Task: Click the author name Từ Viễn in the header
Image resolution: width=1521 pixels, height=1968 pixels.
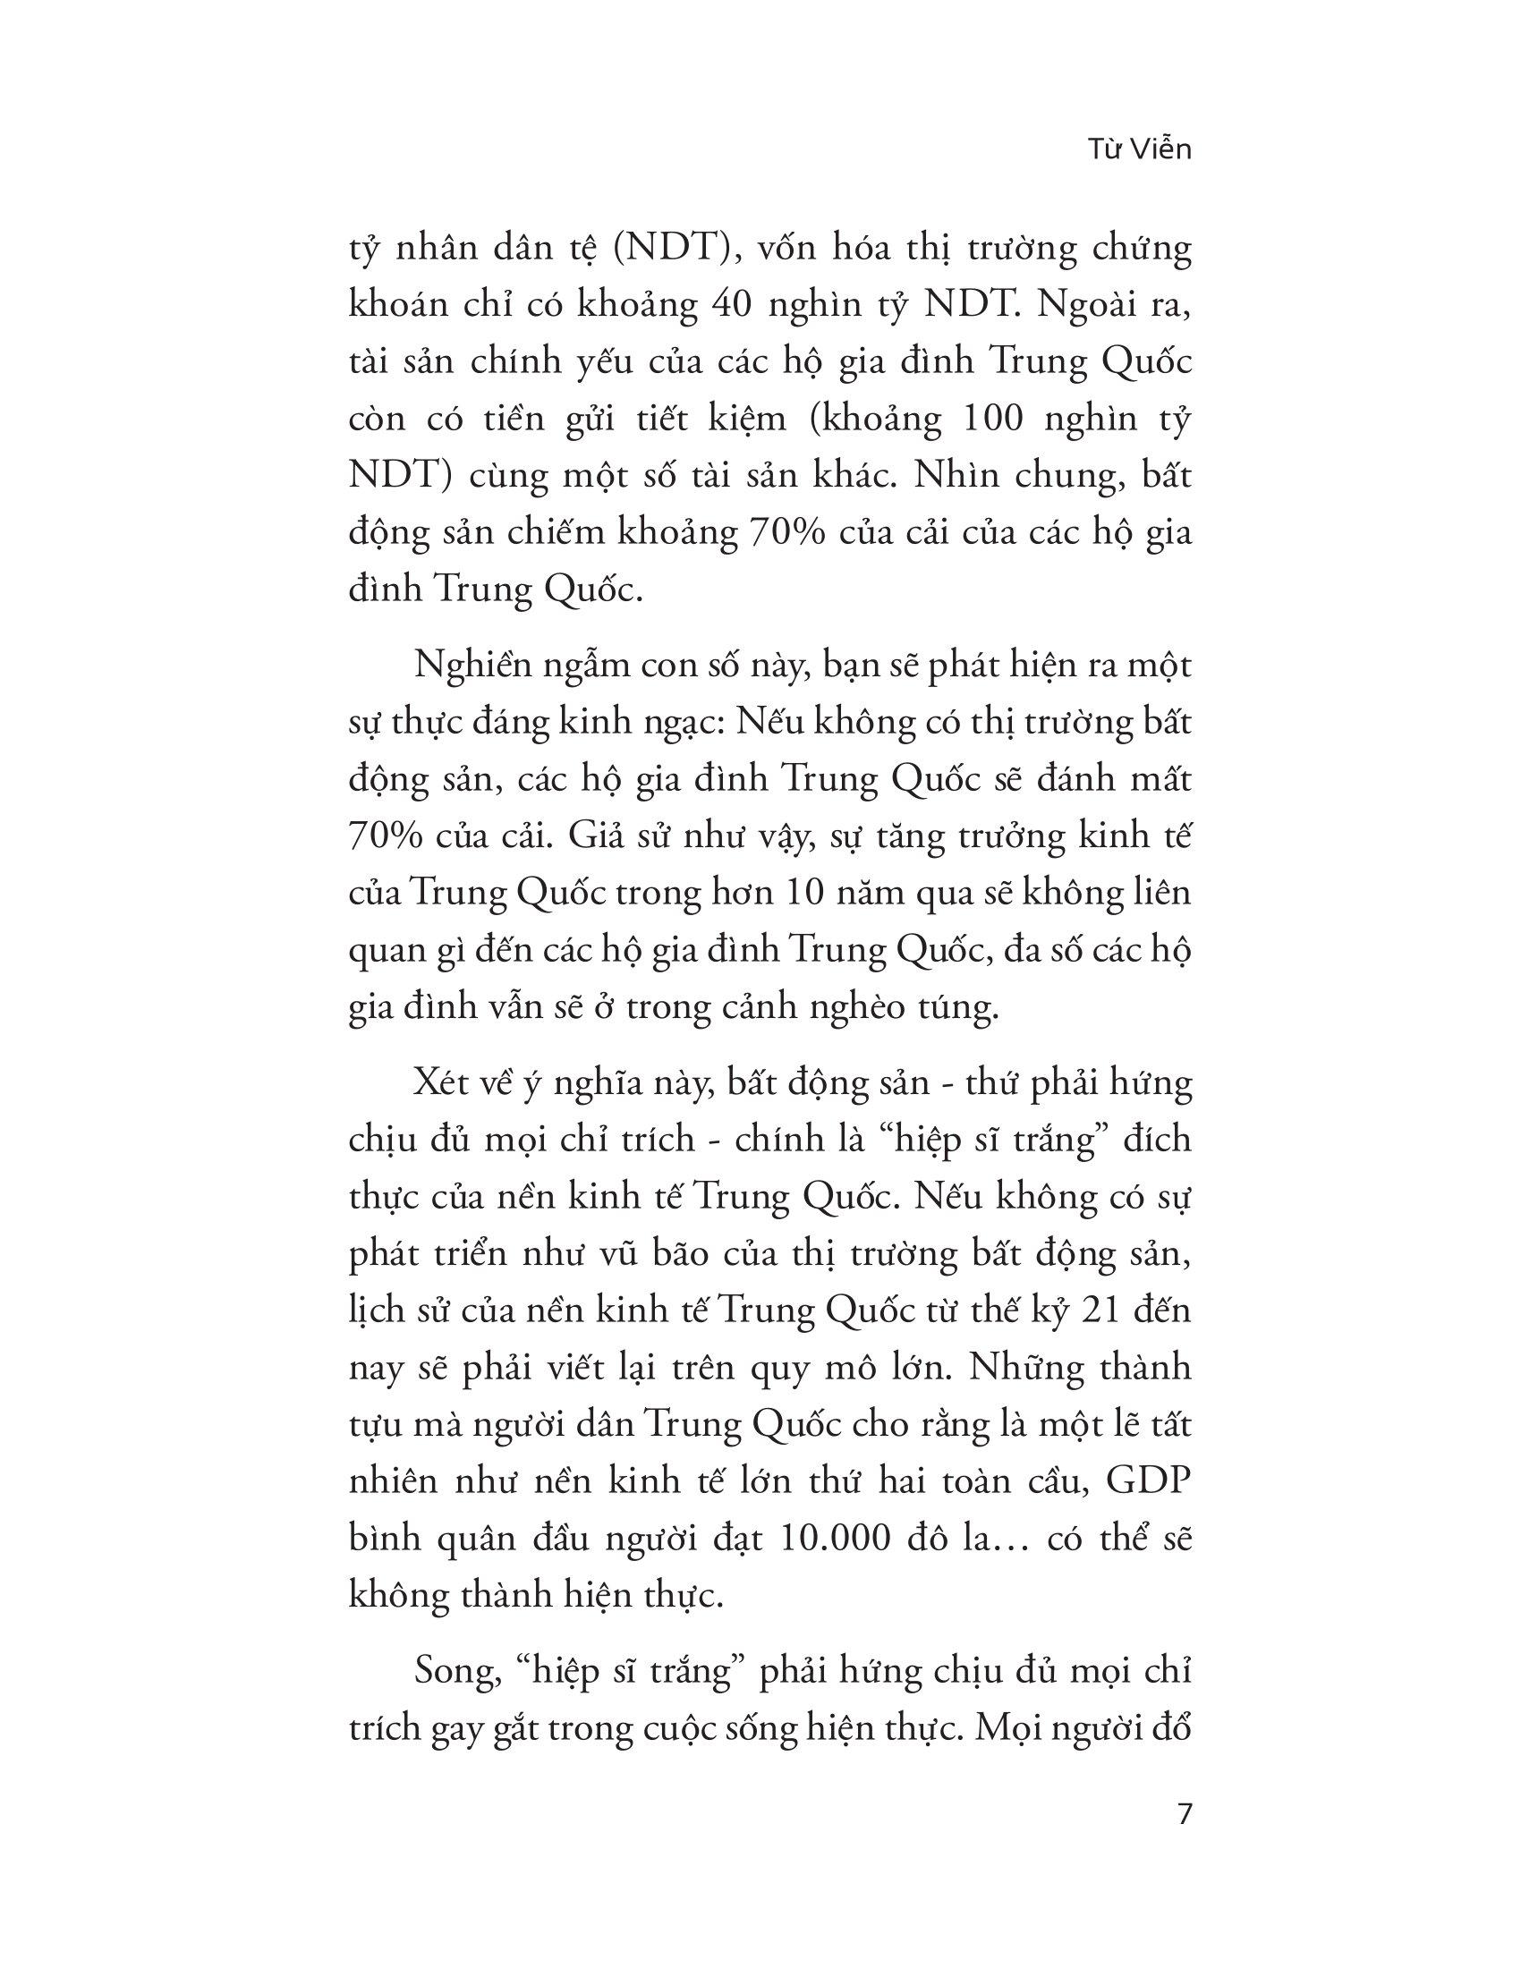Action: [x=1139, y=149]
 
